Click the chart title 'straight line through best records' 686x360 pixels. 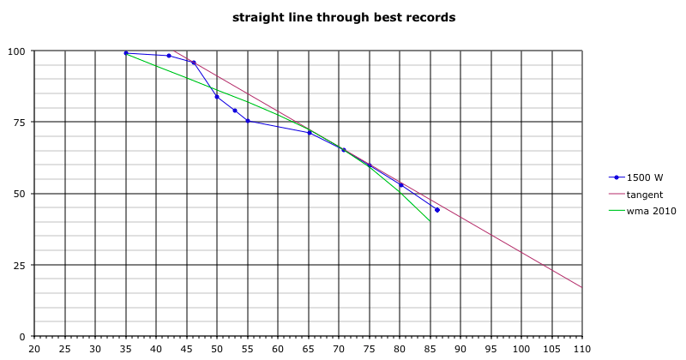[343, 16]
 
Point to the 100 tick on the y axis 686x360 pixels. [17, 51]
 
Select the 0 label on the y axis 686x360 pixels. [22, 336]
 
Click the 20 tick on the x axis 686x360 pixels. [34, 349]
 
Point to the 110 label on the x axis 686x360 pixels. [582, 349]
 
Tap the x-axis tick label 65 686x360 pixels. [309, 349]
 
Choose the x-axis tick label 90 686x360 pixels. [460, 349]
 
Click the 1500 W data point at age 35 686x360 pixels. [126, 53]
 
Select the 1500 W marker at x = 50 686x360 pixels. [217, 97]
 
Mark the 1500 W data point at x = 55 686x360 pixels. [248, 121]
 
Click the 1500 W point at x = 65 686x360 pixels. [309, 133]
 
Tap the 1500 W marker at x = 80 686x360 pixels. [400, 185]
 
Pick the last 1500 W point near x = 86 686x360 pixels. [437, 210]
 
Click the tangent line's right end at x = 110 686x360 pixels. [582, 287]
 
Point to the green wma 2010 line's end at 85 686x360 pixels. [430, 222]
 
